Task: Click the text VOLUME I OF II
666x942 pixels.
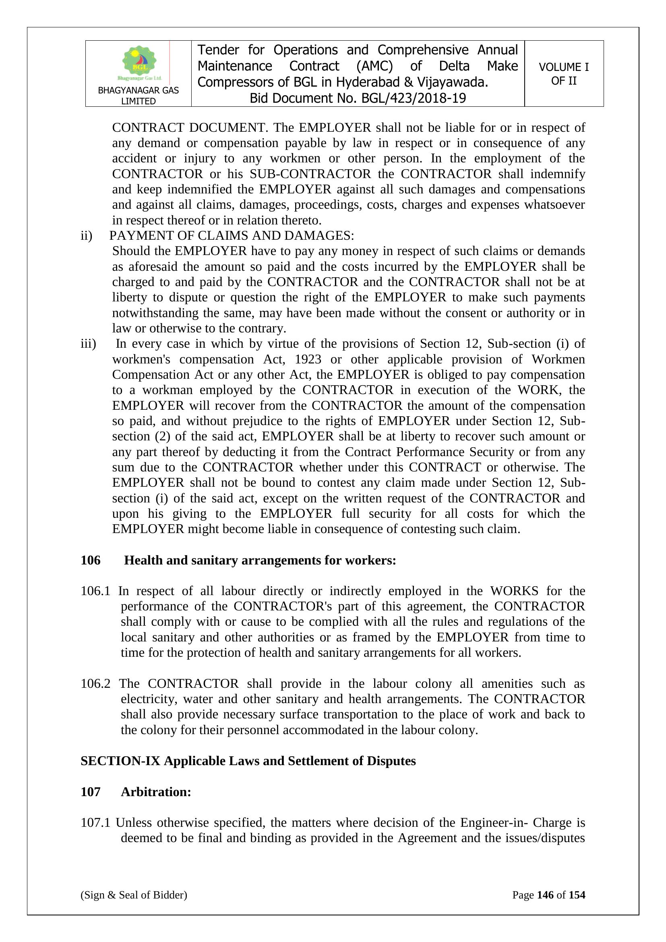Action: click(x=563, y=74)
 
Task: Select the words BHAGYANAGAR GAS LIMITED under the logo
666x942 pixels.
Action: click(x=138, y=95)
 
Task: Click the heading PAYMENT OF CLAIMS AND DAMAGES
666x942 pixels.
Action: click(x=232, y=235)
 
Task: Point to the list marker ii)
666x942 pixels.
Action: click(x=87, y=235)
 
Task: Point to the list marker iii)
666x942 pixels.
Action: click(x=88, y=343)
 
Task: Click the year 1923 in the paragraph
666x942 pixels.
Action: click(x=308, y=359)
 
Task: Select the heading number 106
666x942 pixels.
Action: click(x=91, y=560)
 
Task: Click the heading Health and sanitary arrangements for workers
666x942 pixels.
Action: click(x=260, y=560)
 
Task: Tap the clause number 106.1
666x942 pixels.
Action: click(x=95, y=591)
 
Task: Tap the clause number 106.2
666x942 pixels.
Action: click(x=95, y=683)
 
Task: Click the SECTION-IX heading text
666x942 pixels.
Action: click(x=248, y=761)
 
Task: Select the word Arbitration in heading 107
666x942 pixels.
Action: click(x=156, y=792)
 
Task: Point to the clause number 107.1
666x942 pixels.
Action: click(x=95, y=823)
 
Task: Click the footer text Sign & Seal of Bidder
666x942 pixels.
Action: click(x=134, y=895)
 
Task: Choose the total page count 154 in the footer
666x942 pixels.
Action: click(x=577, y=895)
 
